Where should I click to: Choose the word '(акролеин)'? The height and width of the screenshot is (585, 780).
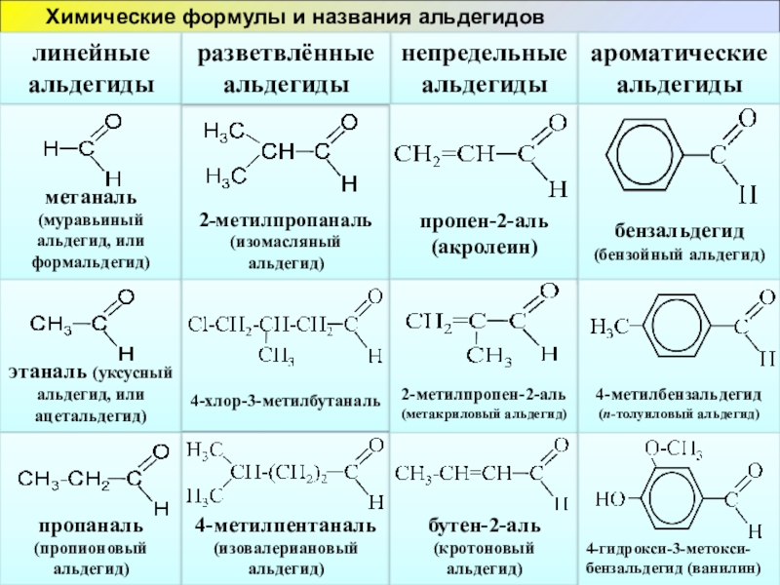[485, 248]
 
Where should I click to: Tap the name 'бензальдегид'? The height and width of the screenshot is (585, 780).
[679, 232]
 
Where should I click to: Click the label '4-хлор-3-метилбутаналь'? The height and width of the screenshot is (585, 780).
[285, 400]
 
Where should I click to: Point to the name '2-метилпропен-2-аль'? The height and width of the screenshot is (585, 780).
[484, 395]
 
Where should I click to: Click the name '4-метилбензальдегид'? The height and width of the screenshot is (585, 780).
[679, 395]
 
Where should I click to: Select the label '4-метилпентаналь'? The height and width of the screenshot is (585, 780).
[285, 526]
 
